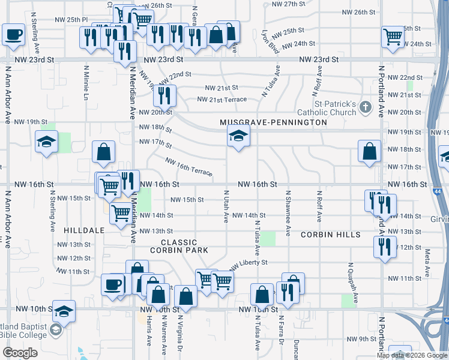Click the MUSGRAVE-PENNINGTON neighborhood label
click(x=273, y=122)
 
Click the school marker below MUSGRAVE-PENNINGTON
click(x=238, y=137)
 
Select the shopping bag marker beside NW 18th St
click(x=369, y=152)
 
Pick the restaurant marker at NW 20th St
click(x=164, y=95)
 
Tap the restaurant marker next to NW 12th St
click(x=385, y=246)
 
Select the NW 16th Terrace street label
click(x=188, y=167)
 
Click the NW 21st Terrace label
click(x=222, y=100)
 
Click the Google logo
click(x=20, y=352)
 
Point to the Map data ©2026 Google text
click(x=411, y=355)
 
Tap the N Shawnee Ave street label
click(x=288, y=213)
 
